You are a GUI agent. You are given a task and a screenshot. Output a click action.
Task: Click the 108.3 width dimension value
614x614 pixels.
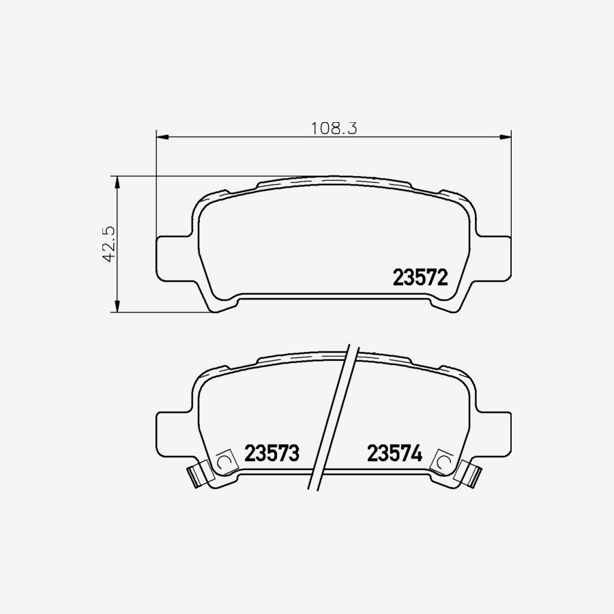tap(334, 128)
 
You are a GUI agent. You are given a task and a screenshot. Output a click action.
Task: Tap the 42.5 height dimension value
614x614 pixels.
tap(107, 244)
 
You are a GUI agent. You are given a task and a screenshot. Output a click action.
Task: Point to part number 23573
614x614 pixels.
tap(272, 454)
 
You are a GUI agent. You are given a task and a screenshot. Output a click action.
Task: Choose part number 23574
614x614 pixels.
tap(396, 454)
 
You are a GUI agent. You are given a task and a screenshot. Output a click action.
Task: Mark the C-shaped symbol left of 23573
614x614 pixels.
tap(223, 463)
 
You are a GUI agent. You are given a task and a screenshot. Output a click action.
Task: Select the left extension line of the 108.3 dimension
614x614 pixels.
tap(157, 184)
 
